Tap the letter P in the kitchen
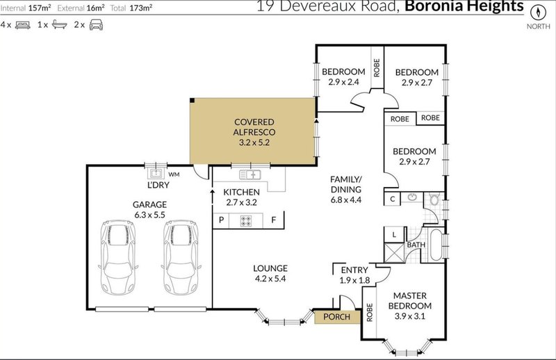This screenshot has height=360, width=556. [222, 220]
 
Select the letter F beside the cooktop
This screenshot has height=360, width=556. [275, 220]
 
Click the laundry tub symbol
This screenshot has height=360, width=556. [154, 173]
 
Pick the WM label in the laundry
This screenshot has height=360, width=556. [174, 174]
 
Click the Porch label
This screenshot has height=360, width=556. [337, 318]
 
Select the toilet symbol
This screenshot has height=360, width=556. [434, 200]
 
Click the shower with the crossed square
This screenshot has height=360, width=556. [394, 252]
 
